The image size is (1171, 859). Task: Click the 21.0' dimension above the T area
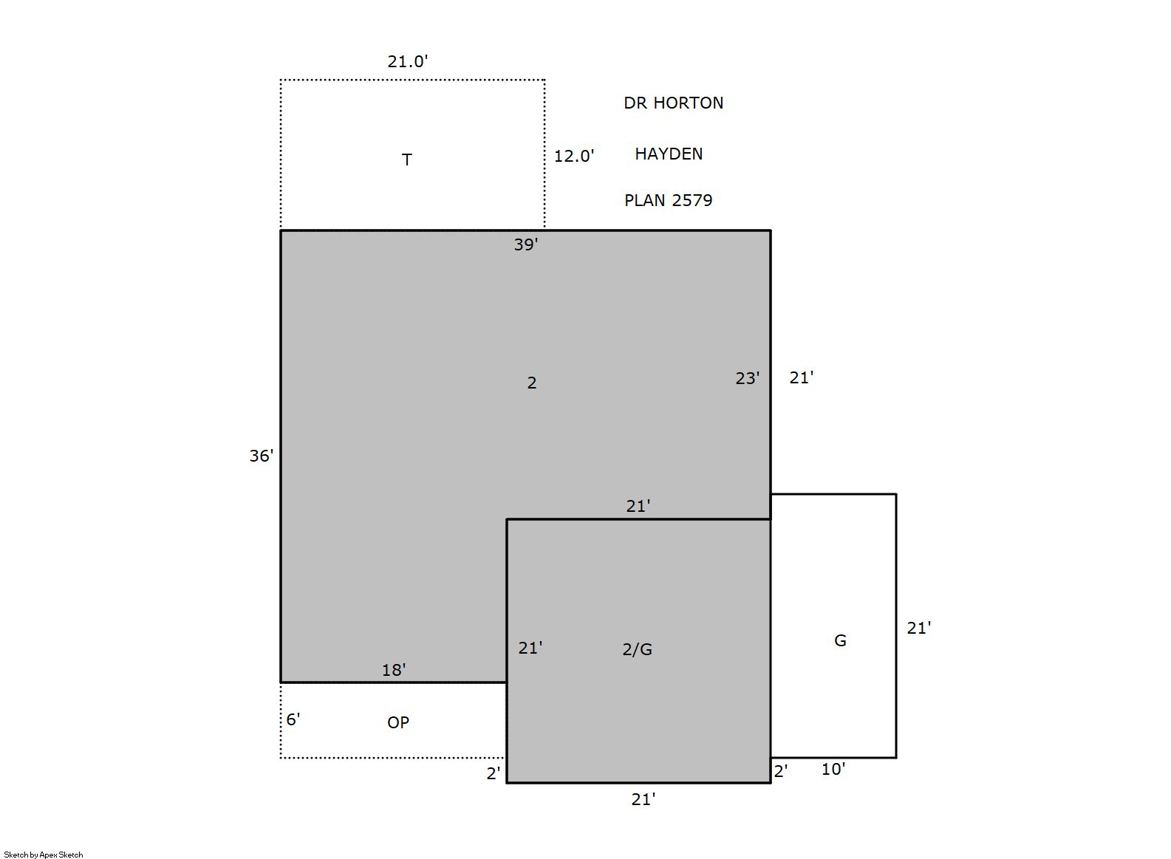tap(407, 61)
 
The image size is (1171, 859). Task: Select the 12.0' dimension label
tap(573, 157)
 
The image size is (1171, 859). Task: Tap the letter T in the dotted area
tap(407, 160)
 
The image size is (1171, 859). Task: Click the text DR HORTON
tap(673, 103)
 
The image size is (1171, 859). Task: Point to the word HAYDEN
tap(669, 154)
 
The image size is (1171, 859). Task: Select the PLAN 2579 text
tap(668, 201)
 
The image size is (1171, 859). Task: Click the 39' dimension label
tap(525, 244)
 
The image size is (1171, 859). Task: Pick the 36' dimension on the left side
tap(261, 456)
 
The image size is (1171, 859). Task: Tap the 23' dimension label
tap(747, 378)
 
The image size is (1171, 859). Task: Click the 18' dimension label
tap(394, 670)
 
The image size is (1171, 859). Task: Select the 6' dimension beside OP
tap(293, 720)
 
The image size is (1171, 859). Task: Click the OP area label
tap(397, 722)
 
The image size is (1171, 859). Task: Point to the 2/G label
tap(638, 649)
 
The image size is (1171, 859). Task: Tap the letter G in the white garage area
tap(840, 640)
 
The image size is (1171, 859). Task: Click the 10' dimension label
tap(833, 769)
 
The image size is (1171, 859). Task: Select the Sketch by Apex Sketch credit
tap(44, 855)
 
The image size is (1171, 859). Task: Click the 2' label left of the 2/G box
tap(493, 773)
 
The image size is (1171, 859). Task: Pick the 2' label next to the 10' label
tap(780, 771)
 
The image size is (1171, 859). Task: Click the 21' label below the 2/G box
tap(643, 799)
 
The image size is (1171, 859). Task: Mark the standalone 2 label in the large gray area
tap(532, 383)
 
